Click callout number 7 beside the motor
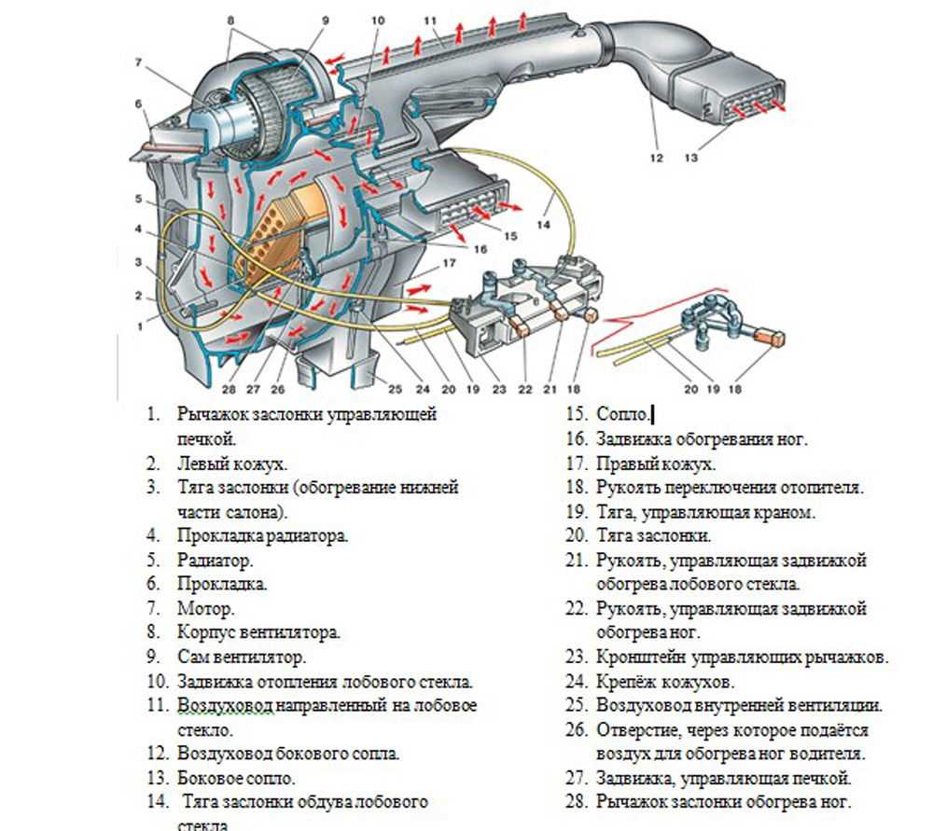click(138, 63)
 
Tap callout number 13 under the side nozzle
click(690, 159)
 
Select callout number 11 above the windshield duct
click(430, 20)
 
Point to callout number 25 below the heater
click(395, 389)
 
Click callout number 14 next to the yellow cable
click(544, 225)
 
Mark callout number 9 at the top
click(325, 20)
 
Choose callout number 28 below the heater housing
click(229, 389)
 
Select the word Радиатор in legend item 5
click(215, 561)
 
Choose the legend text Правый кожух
click(656, 464)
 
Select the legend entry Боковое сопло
click(235, 778)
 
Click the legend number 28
click(576, 802)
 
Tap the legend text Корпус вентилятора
click(258, 632)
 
